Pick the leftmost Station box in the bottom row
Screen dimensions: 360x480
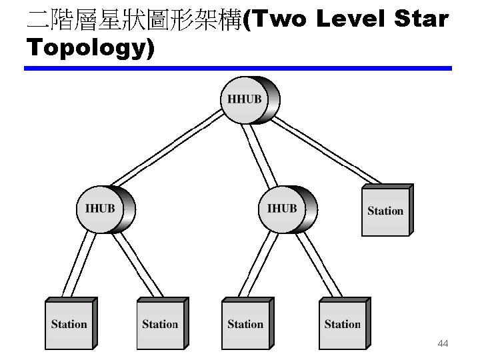[x=69, y=325]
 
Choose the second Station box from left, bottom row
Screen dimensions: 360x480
[x=160, y=325]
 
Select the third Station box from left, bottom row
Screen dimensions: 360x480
[x=245, y=325]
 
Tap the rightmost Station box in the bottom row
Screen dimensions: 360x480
[x=342, y=325]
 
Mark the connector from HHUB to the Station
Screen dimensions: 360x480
[x=327, y=150]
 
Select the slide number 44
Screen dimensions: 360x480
[x=443, y=344]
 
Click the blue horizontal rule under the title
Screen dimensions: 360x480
[x=238, y=68]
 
